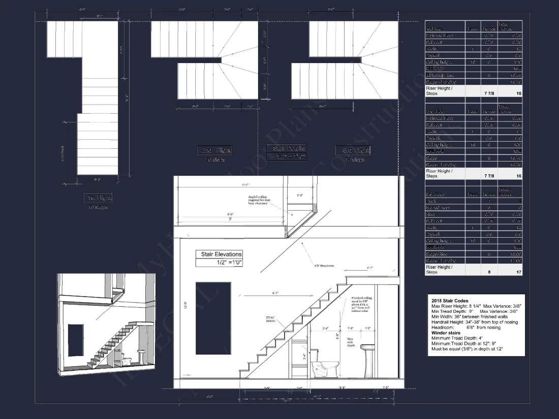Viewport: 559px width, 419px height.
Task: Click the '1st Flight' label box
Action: [98, 198]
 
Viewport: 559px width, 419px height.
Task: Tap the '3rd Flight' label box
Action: [353, 150]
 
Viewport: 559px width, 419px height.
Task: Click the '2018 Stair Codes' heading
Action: [450, 301]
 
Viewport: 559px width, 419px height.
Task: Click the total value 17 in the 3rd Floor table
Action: [518, 272]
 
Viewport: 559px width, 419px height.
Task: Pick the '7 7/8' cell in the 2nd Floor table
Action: [490, 176]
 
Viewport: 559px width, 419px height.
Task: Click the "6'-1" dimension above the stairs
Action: [274, 293]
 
